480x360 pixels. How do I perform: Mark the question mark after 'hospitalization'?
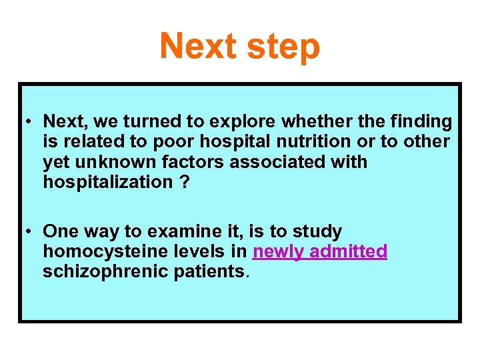pyautogui.click(x=183, y=182)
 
